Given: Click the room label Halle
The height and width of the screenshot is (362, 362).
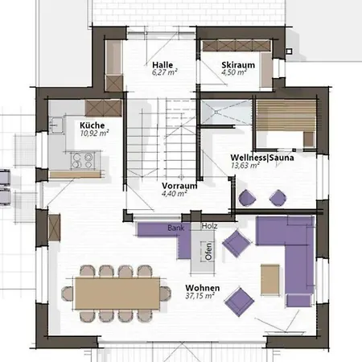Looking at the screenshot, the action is [x=162, y=65].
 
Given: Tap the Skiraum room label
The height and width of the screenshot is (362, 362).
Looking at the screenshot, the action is [x=238, y=65].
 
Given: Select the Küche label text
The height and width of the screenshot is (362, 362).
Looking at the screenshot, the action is [x=92, y=125].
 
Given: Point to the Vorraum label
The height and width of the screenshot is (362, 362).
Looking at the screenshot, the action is [x=179, y=186].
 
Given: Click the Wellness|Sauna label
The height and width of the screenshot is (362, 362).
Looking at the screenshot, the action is [x=262, y=158].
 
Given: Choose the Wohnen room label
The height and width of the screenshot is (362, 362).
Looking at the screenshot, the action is [x=203, y=288].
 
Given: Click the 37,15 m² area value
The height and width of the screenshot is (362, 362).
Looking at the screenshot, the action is [x=200, y=296].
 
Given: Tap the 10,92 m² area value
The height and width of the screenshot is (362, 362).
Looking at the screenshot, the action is [x=94, y=134].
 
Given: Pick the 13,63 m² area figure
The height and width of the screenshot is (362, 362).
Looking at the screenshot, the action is [x=245, y=166].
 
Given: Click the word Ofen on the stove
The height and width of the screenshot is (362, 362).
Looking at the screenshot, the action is [x=208, y=252].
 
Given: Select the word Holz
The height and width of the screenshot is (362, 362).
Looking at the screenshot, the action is [x=209, y=226].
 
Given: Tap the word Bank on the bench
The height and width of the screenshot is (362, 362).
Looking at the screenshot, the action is [x=176, y=228].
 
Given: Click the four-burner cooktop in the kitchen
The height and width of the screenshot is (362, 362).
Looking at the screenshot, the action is [x=83, y=160].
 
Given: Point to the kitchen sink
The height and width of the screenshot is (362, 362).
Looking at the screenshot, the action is [x=56, y=125].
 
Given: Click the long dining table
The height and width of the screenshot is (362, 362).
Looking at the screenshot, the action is [x=117, y=294].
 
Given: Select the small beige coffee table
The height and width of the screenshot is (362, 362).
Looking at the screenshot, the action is [x=270, y=279].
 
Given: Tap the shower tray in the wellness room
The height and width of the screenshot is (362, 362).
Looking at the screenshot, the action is [x=226, y=112].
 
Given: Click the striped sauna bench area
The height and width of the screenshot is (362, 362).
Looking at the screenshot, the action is [x=286, y=115].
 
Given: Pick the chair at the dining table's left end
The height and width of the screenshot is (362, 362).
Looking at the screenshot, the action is [x=68, y=293].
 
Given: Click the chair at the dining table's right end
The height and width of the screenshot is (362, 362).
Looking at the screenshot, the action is [x=166, y=293].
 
